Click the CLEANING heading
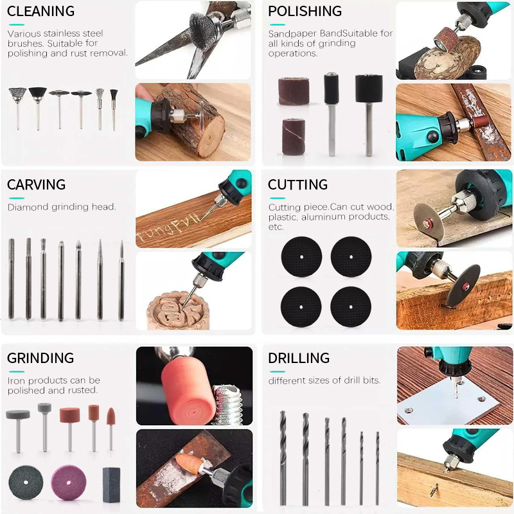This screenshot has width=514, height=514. coord(40,12)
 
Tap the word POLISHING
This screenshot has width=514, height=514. coord(305,12)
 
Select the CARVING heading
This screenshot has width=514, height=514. coord(36,185)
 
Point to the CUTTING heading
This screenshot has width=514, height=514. coord(297,185)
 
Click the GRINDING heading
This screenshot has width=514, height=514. coord(40,359)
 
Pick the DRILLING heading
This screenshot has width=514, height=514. coord(299,359)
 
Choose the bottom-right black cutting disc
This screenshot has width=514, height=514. coord(351,305)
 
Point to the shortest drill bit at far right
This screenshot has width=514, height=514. coord(377,468)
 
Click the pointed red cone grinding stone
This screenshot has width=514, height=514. coord(111,427)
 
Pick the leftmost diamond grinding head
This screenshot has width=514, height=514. coord(11,279)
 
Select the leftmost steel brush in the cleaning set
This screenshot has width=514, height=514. coord(17,106)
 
